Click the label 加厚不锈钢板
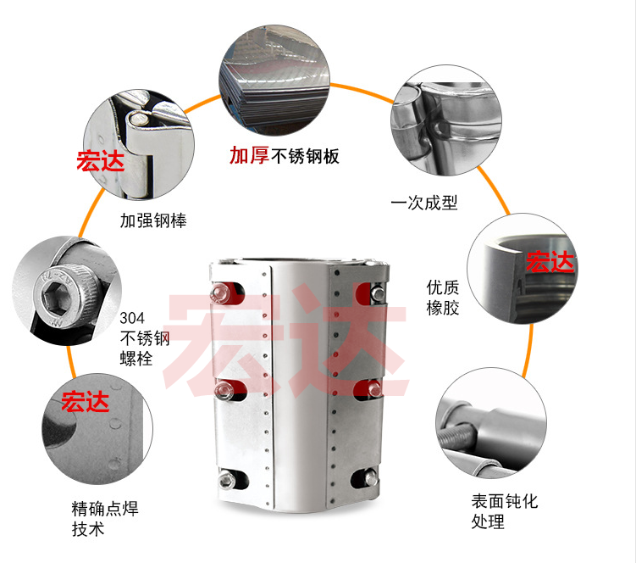(285, 156)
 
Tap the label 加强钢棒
(153, 220)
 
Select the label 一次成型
(424, 203)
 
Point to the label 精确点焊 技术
(105, 519)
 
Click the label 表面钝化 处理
(505, 511)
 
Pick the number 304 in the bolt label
(132, 318)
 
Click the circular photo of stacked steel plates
(274, 80)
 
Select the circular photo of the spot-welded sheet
(97, 428)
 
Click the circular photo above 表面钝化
(491, 423)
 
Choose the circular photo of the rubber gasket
(523, 269)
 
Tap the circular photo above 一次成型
(446, 120)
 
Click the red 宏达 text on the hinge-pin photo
(101, 161)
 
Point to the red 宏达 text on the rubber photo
(550, 261)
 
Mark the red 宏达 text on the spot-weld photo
(86, 402)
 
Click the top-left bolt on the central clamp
(220, 293)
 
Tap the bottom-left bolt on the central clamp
(224, 479)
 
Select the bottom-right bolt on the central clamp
(370, 477)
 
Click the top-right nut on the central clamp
(377, 293)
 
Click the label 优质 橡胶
(443, 298)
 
